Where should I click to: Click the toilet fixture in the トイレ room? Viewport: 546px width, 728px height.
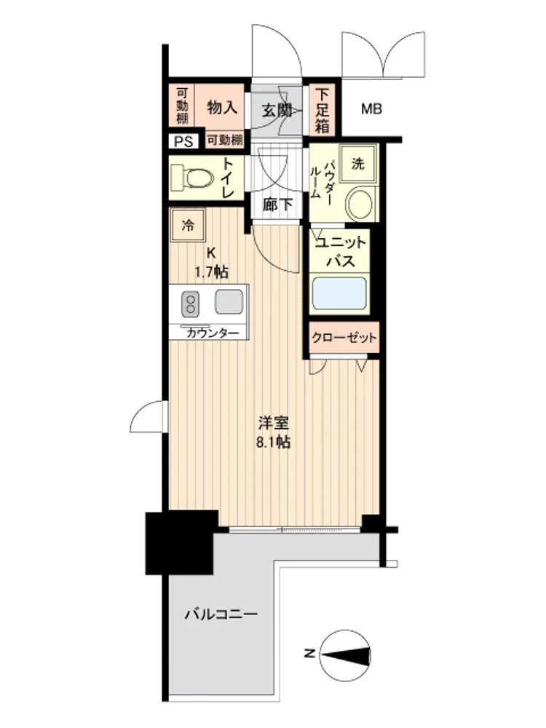192,177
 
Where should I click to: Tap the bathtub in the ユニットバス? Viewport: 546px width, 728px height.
339,293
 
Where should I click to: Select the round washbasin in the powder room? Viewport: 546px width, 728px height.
360,204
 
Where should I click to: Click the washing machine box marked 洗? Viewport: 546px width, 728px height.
357,163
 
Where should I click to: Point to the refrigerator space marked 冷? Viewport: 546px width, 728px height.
188,226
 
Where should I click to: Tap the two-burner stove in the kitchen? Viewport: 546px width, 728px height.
190,303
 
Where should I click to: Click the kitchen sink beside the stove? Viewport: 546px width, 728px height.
229,301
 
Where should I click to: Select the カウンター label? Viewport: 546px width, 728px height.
213,333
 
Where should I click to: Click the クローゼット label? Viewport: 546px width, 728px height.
344,337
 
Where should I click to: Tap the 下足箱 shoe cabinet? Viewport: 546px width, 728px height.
323,110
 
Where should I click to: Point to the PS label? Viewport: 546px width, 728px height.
183,141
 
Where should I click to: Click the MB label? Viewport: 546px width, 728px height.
371,109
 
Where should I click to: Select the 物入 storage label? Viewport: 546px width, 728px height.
222,108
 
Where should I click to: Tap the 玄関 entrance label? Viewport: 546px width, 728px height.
277,110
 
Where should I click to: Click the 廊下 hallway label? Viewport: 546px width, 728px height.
277,204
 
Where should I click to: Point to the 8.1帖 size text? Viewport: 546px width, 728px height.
274,442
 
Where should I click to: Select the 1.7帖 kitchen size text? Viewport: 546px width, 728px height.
211,272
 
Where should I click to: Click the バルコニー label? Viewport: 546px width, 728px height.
221,614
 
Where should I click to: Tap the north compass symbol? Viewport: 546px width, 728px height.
346,654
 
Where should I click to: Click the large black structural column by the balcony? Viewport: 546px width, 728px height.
181,542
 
